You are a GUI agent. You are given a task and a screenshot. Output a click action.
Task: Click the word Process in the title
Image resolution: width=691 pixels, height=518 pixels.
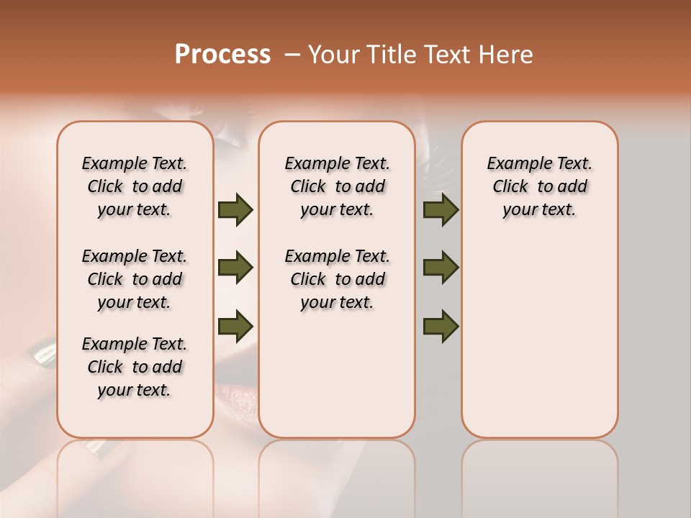tap(222, 55)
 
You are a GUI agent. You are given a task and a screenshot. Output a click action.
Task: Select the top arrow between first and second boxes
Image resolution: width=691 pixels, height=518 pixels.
tap(235, 209)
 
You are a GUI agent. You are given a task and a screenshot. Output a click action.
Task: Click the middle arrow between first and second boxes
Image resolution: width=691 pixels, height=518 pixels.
tap(235, 268)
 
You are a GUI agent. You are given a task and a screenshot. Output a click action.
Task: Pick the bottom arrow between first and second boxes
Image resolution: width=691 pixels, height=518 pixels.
tap(235, 325)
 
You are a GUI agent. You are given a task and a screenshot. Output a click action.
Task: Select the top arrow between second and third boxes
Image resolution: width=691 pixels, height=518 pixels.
tap(441, 209)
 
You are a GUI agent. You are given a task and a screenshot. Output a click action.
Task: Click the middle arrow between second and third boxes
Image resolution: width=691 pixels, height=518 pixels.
tap(441, 268)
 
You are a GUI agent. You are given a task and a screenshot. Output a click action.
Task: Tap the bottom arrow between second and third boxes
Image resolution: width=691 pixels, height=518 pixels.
tap(441, 325)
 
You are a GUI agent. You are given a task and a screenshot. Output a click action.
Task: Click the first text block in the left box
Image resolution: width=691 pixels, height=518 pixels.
tap(135, 186)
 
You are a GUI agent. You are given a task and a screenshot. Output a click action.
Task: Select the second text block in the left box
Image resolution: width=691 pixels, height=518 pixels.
tap(135, 279)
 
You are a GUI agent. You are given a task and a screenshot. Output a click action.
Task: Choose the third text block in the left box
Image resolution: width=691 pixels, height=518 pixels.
tap(135, 367)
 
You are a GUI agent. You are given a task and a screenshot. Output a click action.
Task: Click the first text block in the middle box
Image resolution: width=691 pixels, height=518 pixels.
tap(338, 186)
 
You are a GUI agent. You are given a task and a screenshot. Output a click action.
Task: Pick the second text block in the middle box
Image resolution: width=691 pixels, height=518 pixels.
tap(338, 279)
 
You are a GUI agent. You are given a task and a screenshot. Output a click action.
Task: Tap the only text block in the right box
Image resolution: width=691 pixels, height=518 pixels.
tap(540, 186)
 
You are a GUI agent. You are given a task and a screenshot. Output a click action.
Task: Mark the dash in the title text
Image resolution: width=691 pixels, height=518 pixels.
tap(292, 55)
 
